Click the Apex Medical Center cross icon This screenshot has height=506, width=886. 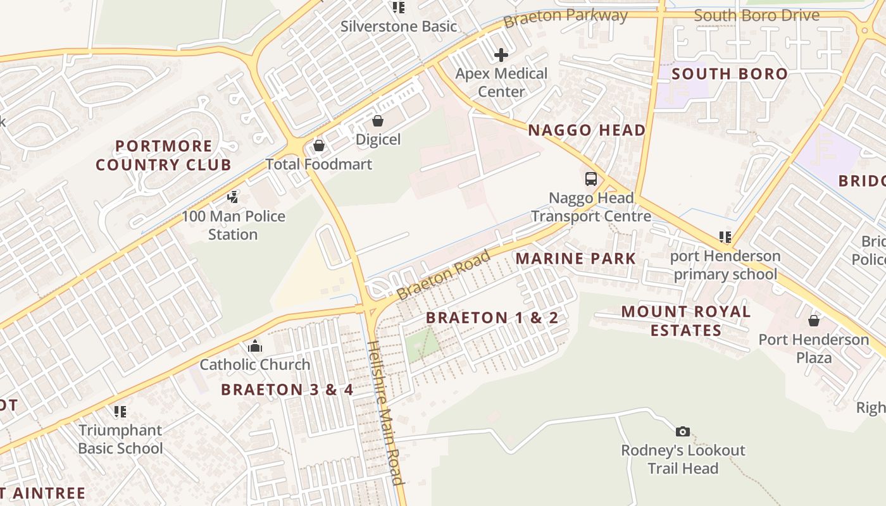(x=501, y=55)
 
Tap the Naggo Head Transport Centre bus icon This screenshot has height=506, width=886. (x=590, y=179)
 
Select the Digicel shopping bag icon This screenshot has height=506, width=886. (x=378, y=121)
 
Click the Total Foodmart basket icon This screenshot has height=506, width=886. (x=319, y=146)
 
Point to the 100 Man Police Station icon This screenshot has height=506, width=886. (x=233, y=197)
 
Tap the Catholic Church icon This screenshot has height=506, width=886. (x=255, y=346)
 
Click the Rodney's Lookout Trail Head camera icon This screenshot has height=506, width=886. (x=682, y=431)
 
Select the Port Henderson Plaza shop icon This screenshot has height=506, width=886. (x=814, y=321)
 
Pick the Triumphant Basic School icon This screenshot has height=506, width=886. (x=120, y=412)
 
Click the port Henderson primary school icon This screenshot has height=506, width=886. (x=725, y=237)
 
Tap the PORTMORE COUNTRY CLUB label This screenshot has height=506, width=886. (x=163, y=156)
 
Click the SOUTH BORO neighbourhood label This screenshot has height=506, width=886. (x=729, y=74)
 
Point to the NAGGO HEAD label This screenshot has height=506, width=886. (x=587, y=130)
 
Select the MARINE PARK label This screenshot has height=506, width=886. (x=575, y=258)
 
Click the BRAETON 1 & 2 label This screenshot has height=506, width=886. (x=492, y=318)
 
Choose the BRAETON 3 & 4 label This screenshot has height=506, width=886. (x=287, y=390)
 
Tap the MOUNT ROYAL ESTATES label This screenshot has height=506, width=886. (x=686, y=321)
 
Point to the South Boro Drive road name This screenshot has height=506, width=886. (x=756, y=15)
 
